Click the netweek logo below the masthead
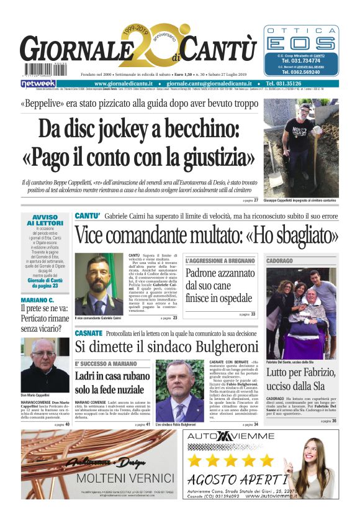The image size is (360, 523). click(38, 83)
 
